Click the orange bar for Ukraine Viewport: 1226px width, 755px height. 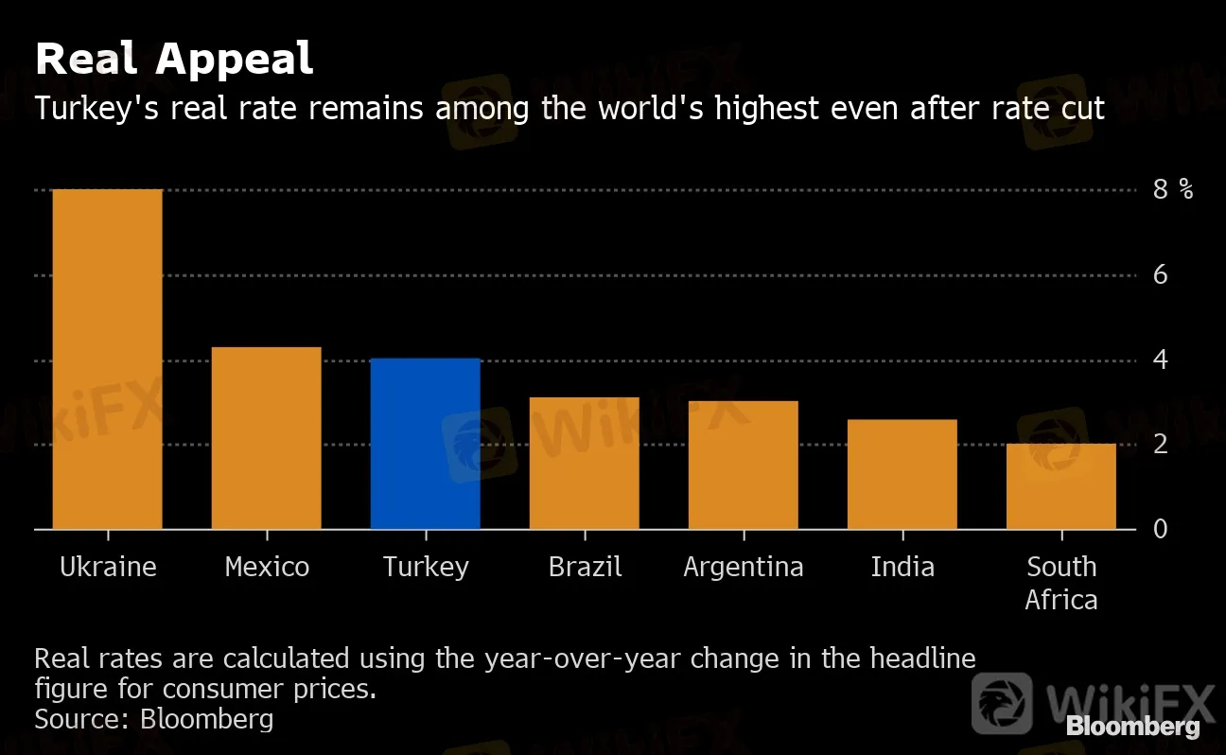[107, 360]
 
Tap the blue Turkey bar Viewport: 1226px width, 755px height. [425, 444]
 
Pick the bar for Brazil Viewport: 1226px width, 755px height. [584, 464]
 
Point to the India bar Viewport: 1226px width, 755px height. [902, 474]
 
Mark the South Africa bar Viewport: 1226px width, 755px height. [1060, 486]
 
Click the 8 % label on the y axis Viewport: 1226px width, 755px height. [1172, 190]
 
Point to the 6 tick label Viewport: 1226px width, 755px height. [1161, 275]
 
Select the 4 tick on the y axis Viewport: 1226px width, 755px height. [1161, 360]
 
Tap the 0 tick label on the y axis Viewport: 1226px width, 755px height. [1161, 529]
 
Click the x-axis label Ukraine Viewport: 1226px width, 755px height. [108, 567]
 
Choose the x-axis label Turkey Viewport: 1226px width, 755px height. [426, 567]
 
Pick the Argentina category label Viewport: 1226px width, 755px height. [744, 567]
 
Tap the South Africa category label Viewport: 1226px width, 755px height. [1061, 583]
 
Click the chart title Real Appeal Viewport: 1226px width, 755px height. [174, 60]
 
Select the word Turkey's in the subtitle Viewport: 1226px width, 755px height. [99, 109]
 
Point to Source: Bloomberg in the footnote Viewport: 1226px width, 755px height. [154, 719]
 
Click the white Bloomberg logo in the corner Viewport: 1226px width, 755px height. [1133, 727]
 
